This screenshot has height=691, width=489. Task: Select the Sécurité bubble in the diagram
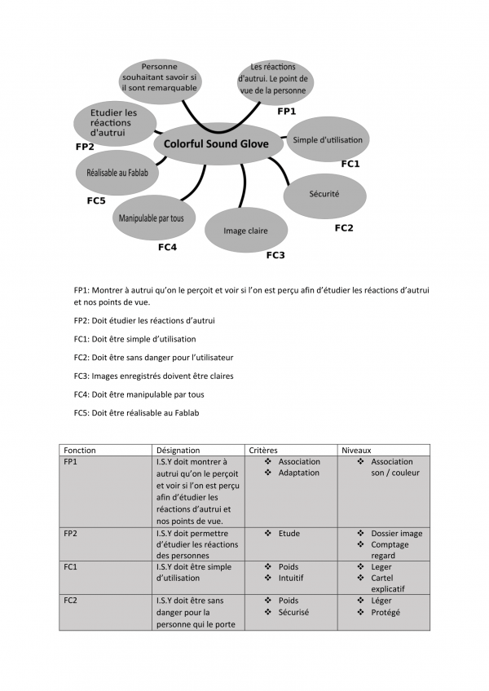(x=324, y=194)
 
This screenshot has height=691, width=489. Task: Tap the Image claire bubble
(x=245, y=231)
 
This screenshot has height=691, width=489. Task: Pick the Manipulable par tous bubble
(x=152, y=218)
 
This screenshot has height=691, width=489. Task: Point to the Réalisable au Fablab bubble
(x=117, y=173)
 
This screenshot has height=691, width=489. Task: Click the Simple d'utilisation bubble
(x=328, y=140)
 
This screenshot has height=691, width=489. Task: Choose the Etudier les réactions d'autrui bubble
(x=113, y=122)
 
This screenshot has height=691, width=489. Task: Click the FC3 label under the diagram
(x=275, y=255)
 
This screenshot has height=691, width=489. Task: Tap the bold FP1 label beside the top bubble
(x=286, y=111)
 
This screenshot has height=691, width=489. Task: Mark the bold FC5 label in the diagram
(x=96, y=200)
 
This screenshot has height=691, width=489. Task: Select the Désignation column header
(x=178, y=450)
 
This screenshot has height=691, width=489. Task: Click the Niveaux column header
(x=357, y=450)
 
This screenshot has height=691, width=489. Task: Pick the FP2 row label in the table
(x=72, y=534)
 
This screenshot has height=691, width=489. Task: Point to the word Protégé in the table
(x=385, y=612)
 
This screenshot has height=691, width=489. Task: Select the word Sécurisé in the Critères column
(x=293, y=612)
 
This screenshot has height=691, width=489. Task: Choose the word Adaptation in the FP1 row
(x=298, y=473)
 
